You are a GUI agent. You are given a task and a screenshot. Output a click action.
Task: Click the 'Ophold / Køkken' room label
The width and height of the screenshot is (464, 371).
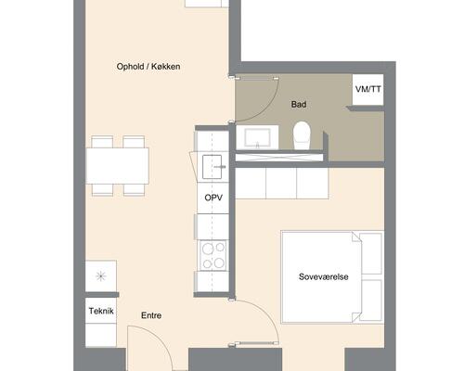pyautogui.click(x=148, y=67)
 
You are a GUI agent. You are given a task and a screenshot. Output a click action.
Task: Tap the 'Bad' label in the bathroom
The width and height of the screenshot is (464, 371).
pyautogui.click(x=299, y=105)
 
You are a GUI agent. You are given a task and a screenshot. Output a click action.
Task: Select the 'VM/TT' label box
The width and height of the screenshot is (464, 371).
pyautogui.click(x=368, y=89)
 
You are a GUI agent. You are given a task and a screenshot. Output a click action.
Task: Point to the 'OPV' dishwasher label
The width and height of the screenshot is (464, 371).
pyautogui.click(x=213, y=198)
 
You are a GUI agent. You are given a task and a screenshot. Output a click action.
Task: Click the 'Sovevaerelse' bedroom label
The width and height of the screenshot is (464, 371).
pyautogui.click(x=324, y=276)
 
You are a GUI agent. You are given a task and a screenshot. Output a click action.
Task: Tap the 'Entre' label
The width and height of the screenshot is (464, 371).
pyautogui.click(x=151, y=315)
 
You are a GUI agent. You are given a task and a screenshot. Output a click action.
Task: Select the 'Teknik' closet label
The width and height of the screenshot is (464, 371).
pyautogui.click(x=101, y=311)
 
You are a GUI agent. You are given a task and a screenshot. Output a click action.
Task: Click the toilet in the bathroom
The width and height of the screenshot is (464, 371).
pyautogui.click(x=302, y=135)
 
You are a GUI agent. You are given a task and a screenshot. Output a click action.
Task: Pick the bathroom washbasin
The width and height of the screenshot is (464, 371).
pyautogui.click(x=257, y=138)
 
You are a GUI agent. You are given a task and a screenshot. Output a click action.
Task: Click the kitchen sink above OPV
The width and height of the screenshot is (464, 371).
pyautogui.click(x=213, y=167)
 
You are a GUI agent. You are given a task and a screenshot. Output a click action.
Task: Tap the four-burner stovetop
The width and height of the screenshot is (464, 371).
pyautogui.click(x=213, y=255)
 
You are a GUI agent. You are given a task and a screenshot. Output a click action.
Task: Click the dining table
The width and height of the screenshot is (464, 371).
pyautogui.click(x=118, y=166)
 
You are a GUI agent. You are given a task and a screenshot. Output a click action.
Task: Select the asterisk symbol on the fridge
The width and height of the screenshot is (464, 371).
pyautogui.click(x=101, y=275)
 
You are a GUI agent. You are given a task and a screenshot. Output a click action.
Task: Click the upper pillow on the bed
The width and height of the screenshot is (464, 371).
pyautogui.click(x=371, y=253)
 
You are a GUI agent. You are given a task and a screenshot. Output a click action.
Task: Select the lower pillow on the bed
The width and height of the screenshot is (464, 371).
pyautogui.click(x=371, y=301)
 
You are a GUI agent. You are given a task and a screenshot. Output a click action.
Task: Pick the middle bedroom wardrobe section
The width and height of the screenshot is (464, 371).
pyautogui.click(x=281, y=183)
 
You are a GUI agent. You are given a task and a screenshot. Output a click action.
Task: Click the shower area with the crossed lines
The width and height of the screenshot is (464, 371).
pyautogui.click(x=279, y=158)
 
